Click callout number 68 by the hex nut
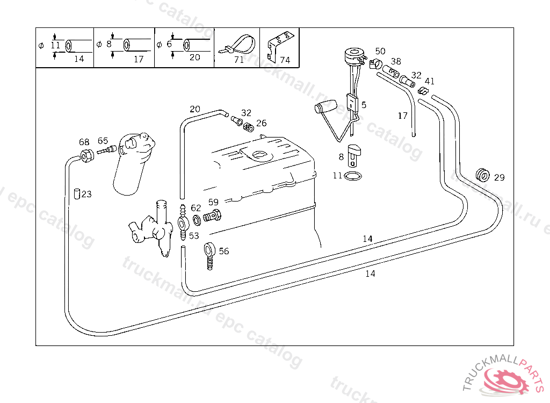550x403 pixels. point(84,142)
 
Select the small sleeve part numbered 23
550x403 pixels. point(77,193)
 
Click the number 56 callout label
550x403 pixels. point(223,251)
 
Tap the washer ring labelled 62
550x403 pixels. point(197,219)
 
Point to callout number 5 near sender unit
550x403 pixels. point(364,105)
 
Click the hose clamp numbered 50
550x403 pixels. point(375,65)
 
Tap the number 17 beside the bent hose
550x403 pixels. point(403,116)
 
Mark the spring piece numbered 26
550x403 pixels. point(248,128)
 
